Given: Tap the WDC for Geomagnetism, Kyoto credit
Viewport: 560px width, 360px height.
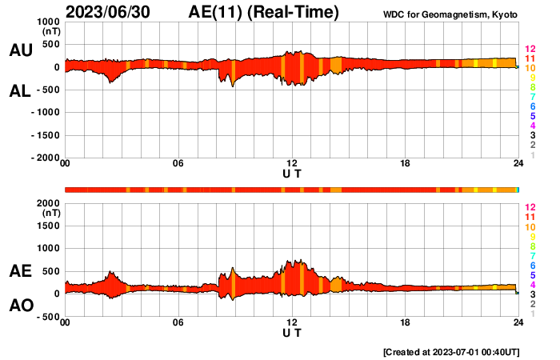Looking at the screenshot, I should [x=450, y=14].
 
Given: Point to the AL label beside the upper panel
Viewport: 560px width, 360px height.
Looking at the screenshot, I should [x=20, y=91].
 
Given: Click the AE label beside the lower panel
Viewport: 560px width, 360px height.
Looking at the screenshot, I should [x=20, y=271].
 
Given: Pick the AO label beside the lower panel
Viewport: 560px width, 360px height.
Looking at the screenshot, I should [x=20, y=306].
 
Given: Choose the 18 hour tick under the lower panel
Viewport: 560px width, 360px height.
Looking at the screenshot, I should [x=405, y=322].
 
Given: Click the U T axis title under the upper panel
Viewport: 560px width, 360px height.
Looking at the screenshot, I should [x=292, y=173].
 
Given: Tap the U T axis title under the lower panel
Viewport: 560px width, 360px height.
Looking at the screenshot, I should [x=292, y=332].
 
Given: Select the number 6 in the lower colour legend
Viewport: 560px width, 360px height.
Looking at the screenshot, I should [x=531, y=265].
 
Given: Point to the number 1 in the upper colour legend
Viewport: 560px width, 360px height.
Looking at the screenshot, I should [x=532, y=155].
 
